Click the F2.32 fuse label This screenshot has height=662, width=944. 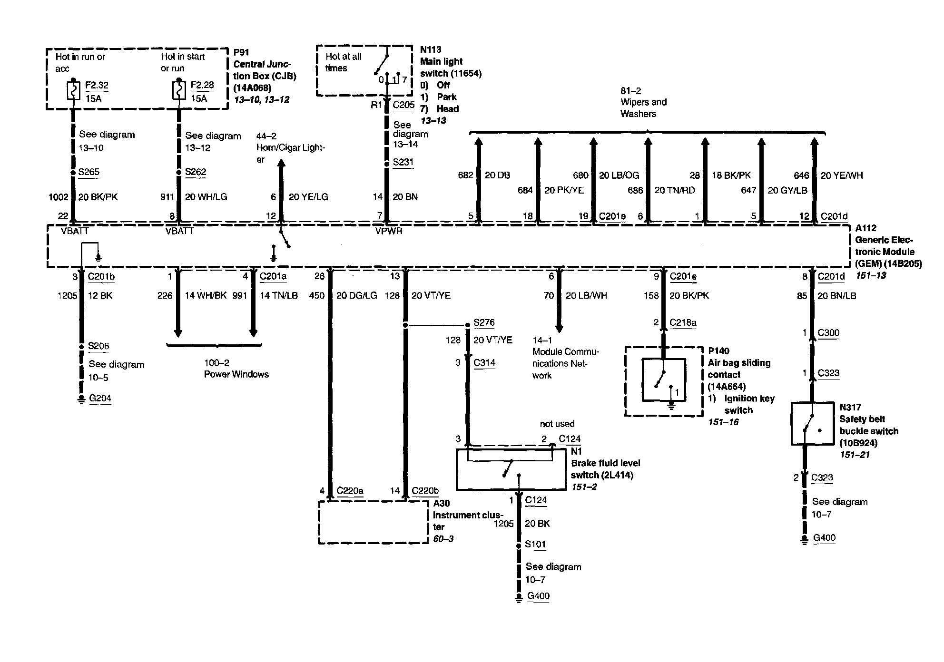click(x=97, y=86)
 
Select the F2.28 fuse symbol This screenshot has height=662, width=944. click(x=178, y=90)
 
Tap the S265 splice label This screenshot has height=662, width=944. click(x=89, y=172)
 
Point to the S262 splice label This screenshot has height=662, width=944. click(x=195, y=172)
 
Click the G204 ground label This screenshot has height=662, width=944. click(x=100, y=398)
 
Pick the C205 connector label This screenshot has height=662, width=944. click(x=403, y=105)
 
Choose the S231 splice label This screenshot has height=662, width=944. click(x=403, y=162)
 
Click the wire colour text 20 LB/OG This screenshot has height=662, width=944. click(x=619, y=175)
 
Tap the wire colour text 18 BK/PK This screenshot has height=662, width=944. click(x=731, y=175)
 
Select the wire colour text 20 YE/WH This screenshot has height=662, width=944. click(x=841, y=175)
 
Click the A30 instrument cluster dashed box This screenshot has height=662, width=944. click(x=374, y=522)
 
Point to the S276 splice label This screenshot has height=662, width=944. click(x=484, y=323)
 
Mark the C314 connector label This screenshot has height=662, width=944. click(x=484, y=363)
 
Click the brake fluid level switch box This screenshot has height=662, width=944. click(x=511, y=469)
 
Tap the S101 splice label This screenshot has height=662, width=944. click(x=535, y=545)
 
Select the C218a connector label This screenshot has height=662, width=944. click(x=682, y=323)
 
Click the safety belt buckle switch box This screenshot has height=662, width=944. click(x=812, y=424)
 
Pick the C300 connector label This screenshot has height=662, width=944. click(x=828, y=333)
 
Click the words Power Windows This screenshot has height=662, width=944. click(x=236, y=374)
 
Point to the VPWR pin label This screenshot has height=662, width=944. click(x=389, y=231)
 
